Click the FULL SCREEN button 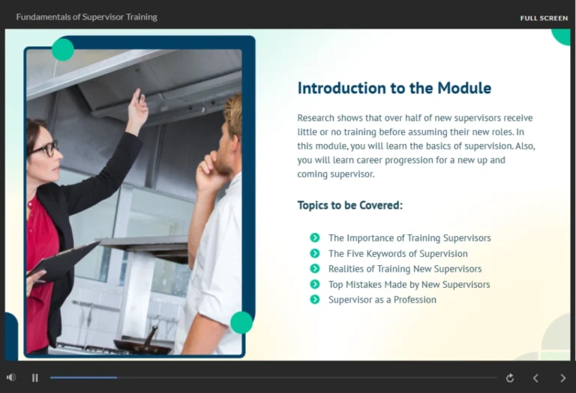[544, 18]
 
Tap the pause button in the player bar [34, 378]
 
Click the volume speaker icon [11, 377]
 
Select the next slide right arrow [562, 378]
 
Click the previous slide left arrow [535, 378]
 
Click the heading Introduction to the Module [394, 88]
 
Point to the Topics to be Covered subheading [349, 205]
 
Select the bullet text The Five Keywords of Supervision [397, 253]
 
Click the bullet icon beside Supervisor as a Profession [315, 299]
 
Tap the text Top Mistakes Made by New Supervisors [409, 284]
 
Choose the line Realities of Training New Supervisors [405, 268]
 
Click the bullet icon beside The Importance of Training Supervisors [315, 237]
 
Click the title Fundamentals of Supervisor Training [86, 17]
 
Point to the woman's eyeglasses [46, 148]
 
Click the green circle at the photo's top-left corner [63, 50]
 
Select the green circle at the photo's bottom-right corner [241, 322]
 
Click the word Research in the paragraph [315, 118]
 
